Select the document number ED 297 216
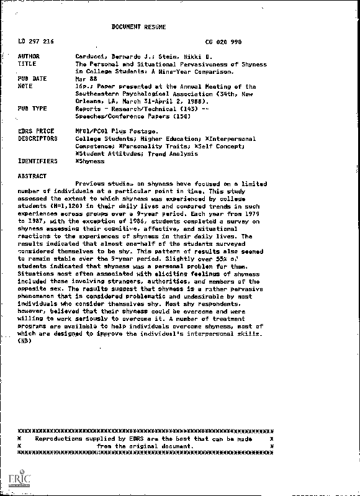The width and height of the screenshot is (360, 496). [36, 42]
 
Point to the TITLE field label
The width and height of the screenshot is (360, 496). [27, 64]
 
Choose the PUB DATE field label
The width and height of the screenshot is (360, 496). [32, 79]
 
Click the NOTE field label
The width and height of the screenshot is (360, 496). [25, 86]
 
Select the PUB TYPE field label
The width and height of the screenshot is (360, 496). [32, 108]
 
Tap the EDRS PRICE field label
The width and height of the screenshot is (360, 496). [35, 130]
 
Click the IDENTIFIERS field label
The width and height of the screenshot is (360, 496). [38, 160]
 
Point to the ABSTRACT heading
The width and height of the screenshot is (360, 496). [32, 176]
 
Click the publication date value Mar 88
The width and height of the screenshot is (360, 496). [84, 79]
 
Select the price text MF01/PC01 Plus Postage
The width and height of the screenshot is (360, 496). [112, 130]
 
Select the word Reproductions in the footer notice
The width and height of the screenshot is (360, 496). [63, 438]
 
